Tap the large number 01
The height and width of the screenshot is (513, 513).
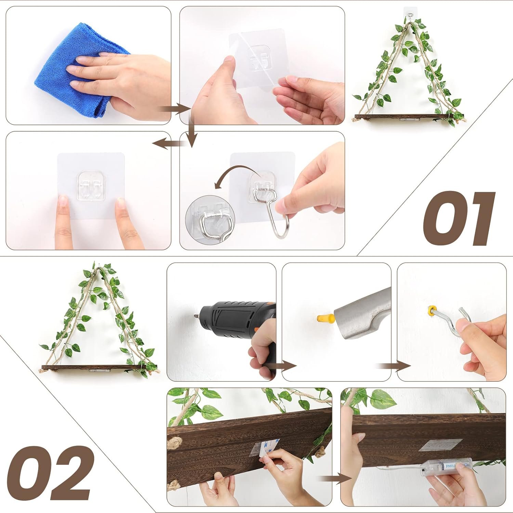point(458,219)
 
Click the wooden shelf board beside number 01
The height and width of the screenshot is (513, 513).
point(404,117)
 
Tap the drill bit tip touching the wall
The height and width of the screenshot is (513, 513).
point(196,317)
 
